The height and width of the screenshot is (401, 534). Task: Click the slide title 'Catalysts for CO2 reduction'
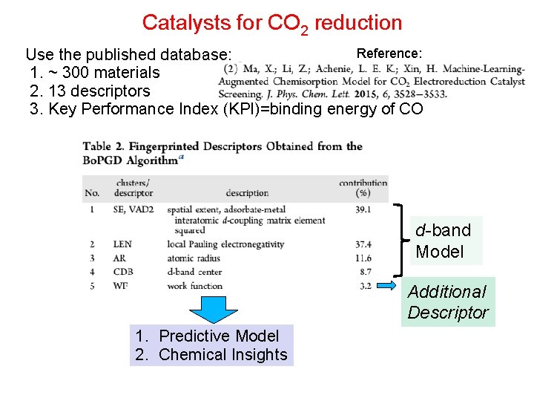(271, 23)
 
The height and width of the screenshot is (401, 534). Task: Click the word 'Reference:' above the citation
(389, 53)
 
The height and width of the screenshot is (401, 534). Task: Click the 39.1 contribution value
(363, 210)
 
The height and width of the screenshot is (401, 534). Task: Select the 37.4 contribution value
(363, 244)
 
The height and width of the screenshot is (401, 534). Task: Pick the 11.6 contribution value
(363, 258)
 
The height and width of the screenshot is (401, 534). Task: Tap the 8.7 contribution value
(365, 272)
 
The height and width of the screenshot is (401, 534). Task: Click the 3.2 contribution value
(365, 285)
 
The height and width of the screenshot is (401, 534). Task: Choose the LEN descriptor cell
(122, 244)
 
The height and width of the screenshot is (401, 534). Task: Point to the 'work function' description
(195, 285)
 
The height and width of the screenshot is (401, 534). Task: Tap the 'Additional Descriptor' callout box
(449, 302)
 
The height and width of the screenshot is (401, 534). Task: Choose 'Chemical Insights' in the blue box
(222, 355)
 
